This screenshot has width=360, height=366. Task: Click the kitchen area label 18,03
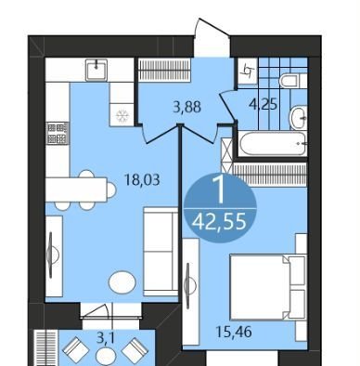(142, 179)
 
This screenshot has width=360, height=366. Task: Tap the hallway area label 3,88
(187, 107)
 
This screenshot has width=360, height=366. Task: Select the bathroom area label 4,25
(264, 105)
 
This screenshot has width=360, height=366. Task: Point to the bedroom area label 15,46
(234, 332)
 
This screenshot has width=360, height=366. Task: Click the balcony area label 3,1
(106, 338)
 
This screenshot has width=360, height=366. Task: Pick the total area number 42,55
(219, 221)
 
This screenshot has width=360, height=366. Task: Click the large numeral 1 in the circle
(221, 190)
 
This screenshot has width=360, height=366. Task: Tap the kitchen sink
(96, 70)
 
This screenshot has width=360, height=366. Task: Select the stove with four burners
(58, 134)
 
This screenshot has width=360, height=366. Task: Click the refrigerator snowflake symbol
(122, 116)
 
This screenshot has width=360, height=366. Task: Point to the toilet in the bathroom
(293, 81)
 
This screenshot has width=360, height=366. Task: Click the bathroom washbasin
(299, 118)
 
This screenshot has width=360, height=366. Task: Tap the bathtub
(273, 143)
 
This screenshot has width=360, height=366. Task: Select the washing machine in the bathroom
(248, 72)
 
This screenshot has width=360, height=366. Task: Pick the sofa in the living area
(161, 252)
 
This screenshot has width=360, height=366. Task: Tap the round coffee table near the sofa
(122, 281)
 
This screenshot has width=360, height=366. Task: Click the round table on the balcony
(106, 356)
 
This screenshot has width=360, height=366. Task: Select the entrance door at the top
(212, 37)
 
